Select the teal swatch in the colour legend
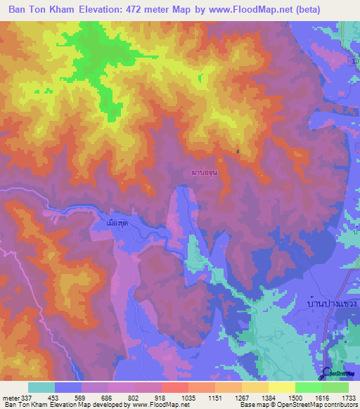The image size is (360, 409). click(x=41, y=387)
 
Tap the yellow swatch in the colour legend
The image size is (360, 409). click(x=282, y=387)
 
